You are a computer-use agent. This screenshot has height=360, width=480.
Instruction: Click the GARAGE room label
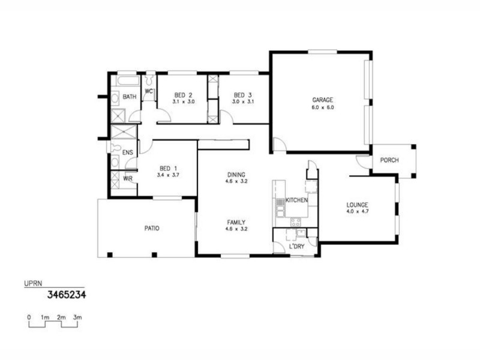pyautogui.click(x=322, y=100)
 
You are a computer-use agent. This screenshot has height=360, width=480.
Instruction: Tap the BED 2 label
pyautogui.click(x=183, y=95)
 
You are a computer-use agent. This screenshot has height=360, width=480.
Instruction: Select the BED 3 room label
pyautogui.click(x=242, y=95)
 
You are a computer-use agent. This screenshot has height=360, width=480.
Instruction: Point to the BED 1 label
pyautogui.click(x=168, y=168)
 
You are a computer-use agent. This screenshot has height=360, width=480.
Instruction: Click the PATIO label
pyautogui.click(x=151, y=228)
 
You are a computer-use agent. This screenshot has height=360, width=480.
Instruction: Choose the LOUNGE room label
pyautogui.click(x=358, y=205)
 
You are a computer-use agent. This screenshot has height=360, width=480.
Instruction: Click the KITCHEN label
pyautogui.click(x=296, y=200)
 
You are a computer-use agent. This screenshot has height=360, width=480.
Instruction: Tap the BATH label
pyautogui.click(x=130, y=97)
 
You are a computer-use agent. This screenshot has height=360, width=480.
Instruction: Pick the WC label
pyautogui.click(x=149, y=91)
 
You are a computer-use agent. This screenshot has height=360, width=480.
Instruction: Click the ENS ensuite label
pyautogui.click(x=128, y=153)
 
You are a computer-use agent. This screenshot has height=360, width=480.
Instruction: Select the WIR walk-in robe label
pyautogui.click(x=128, y=178)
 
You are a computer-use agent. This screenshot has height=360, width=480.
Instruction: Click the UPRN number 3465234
pyautogui.click(x=68, y=295)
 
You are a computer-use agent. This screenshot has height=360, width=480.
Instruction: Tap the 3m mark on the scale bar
pyautogui.click(x=77, y=316)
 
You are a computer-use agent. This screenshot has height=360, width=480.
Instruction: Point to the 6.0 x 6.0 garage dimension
pyautogui.click(x=322, y=107)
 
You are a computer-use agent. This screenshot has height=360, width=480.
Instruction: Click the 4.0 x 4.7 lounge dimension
pyautogui.click(x=358, y=212)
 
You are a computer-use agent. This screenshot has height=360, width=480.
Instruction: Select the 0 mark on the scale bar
pyautogui.click(x=29, y=316)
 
